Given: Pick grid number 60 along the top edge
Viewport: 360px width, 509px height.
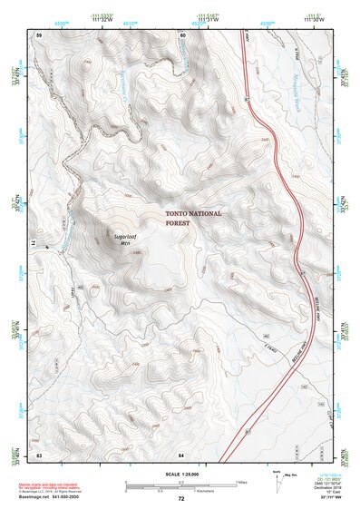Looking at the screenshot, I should point(182,34).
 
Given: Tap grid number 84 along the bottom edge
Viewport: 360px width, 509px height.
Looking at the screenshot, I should point(181,453).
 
